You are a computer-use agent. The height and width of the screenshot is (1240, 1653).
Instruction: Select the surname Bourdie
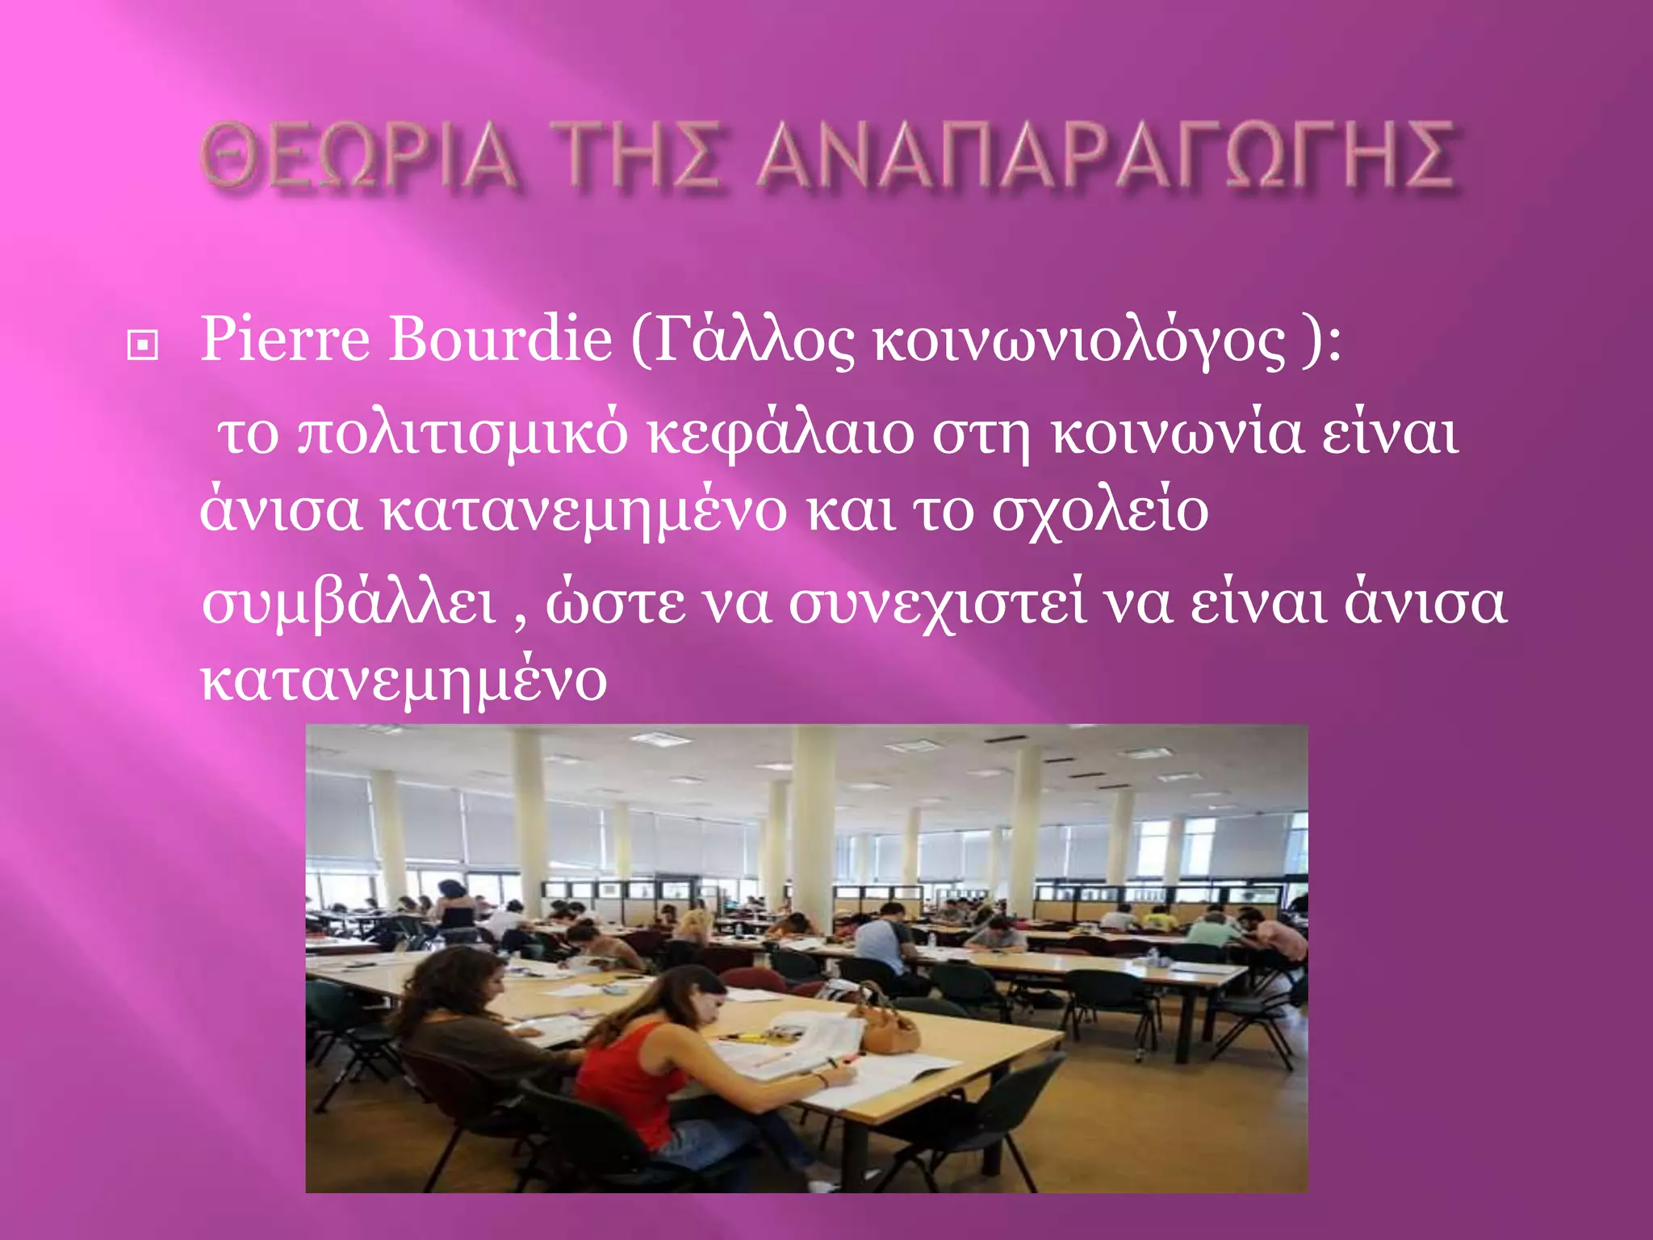pos(500,339)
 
